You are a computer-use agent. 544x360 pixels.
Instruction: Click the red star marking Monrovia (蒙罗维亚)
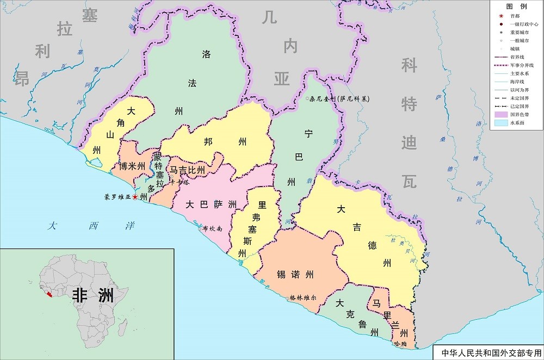(x=135, y=196)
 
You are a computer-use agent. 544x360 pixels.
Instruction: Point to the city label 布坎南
(x=212, y=229)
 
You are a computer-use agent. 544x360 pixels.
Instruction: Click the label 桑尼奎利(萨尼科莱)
(x=338, y=99)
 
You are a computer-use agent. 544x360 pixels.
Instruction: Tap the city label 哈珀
(x=400, y=344)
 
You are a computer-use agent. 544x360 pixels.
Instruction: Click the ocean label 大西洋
(x=90, y=226)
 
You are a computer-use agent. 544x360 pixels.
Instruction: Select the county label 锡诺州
(x=295, y=274)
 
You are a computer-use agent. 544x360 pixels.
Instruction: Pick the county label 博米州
(x=132, y=166)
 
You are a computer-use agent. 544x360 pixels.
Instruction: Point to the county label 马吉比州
(x=187, y=170)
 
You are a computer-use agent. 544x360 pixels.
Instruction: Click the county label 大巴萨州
(x=211, y=204)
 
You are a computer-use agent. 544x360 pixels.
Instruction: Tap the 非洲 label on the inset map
(x=93, y=295)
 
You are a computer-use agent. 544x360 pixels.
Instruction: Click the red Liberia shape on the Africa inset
(x=50, y=294)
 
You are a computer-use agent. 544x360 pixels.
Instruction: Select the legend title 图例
(x=516, y=7)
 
